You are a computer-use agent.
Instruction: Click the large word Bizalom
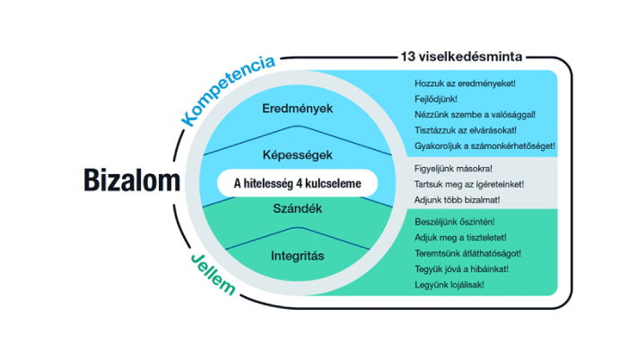pos(132,180)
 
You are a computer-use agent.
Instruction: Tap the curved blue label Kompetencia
pos(227,90)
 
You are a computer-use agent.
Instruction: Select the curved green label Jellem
pos(213,275)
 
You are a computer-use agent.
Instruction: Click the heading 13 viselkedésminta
pos(461,57)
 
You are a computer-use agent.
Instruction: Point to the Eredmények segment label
pos(297,109)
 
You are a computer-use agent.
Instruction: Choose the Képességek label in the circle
pos(297,155)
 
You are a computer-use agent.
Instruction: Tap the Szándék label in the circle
pos(297,208)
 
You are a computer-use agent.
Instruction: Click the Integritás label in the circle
pos(297,256)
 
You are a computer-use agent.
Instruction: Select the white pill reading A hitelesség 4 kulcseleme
pos(297,183)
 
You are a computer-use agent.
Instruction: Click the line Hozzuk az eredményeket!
pos(465,83)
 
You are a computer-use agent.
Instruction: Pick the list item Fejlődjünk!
pos(436,99)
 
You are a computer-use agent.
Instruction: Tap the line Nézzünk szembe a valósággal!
pos(475,115)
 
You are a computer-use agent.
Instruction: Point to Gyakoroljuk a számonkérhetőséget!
pos(484,146)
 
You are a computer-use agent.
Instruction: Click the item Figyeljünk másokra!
pos(453,169)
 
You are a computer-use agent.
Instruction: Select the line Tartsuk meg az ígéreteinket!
pos(469,184)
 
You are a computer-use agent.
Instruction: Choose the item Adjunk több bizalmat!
pos(457,200)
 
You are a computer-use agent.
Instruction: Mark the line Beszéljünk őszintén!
pos(455,222)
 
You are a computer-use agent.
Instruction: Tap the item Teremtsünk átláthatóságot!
pos(467,253)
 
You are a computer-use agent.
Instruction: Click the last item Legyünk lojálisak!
pos(449,285)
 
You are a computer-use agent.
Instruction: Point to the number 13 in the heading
pos(407,57)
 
